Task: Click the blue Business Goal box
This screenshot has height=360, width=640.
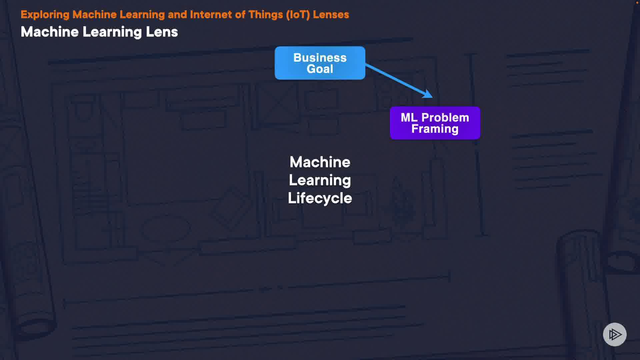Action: tap(320, 63)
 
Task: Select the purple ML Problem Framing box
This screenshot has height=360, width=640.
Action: tap(435, 123)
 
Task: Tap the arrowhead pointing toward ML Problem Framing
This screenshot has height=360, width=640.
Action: tap(428, 94)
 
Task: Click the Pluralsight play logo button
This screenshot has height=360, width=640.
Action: tap(615, 334)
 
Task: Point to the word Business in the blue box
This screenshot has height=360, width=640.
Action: tap(320, 58)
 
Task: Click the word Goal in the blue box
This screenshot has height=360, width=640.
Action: tap(320, 69)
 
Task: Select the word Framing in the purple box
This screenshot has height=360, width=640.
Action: tap(435, 129)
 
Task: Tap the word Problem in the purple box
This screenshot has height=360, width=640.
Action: tap(445, 117)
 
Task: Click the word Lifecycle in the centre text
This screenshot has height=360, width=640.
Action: tap(320, 198)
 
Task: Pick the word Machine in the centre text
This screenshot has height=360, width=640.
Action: tap(320, 162)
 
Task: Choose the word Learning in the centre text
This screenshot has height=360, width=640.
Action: tap(320, 180)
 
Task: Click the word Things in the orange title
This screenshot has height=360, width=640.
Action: tap(265, 15)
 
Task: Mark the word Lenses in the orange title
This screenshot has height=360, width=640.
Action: tap(331, 15)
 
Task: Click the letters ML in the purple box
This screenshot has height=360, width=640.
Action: tap(409, 117)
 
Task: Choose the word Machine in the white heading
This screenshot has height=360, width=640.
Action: tap(50, 32)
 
